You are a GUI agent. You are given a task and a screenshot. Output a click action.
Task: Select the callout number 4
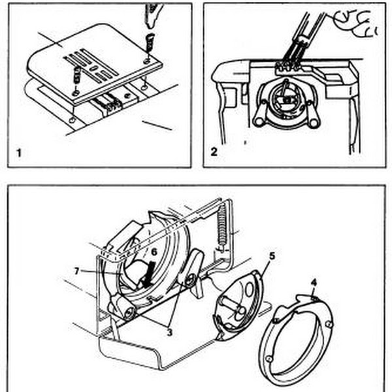[314, 284]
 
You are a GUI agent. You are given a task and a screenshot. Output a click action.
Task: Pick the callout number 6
[154, 251]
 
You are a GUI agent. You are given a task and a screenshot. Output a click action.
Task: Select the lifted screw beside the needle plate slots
[77, 73]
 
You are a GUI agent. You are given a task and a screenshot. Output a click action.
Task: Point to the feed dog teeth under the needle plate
[108, 102]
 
